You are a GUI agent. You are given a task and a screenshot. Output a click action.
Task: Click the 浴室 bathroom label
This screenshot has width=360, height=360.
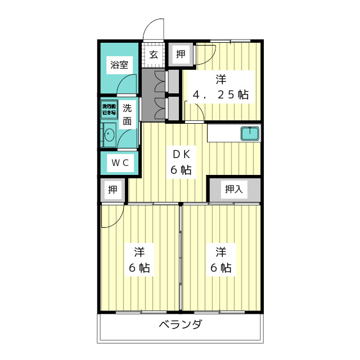pos(119,65)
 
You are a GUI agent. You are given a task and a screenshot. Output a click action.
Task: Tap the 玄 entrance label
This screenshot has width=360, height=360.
pos(153,55)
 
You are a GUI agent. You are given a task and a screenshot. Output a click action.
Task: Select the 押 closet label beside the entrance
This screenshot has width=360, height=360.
pos(181,54)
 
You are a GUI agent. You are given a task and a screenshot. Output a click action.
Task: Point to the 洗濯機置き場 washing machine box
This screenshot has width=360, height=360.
pos(108,109)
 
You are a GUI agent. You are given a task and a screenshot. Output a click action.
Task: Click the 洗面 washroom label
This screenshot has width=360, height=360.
pos(128,114)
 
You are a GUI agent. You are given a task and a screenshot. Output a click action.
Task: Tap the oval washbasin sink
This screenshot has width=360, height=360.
pos(109,135)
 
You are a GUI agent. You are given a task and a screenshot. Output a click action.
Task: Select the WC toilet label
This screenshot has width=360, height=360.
pos(119,163)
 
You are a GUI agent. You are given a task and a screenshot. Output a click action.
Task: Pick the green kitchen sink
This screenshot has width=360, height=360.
pos(250,134)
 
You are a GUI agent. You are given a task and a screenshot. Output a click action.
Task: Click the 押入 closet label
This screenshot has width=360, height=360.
pos(233,190)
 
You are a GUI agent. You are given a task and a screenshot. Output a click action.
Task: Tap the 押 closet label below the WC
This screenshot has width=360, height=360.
pos(113,190)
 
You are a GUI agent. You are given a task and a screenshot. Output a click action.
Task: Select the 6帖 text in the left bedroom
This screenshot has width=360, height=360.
pos(139,268)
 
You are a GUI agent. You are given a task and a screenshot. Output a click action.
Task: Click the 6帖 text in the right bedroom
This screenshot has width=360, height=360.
pos(221,268)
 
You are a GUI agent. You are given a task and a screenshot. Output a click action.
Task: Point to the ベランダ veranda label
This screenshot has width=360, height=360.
pos(180,325)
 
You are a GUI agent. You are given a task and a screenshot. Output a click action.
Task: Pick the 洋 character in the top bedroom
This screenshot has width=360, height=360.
pos(220,79)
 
